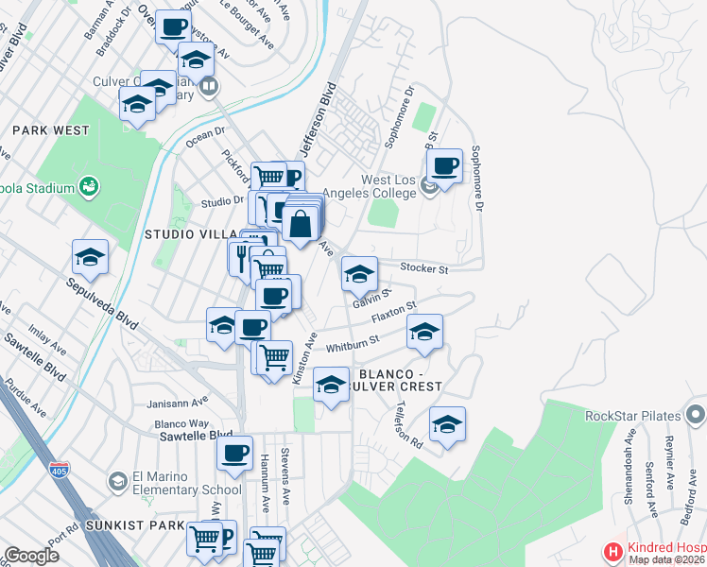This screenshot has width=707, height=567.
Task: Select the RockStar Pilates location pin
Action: [x=696, y=414]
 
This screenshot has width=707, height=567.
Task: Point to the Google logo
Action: [x=31, y=556]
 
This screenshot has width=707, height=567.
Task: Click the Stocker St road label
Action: [x=422, y=268]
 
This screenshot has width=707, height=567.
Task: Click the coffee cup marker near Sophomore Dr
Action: [x=443, y=165]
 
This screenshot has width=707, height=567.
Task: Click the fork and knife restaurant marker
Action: [x=240, y=256]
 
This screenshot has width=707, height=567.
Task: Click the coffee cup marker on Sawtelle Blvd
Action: [x=233, y=451]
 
